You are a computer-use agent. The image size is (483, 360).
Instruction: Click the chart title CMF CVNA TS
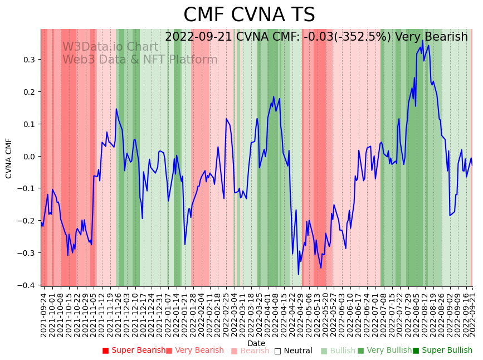click(249, 15)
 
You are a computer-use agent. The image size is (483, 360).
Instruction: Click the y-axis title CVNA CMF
click(9, 158)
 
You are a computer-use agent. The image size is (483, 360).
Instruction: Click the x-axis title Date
click(256, 343)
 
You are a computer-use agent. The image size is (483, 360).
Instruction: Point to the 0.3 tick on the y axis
click(29, 60)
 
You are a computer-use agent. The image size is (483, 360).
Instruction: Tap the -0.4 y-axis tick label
click(27, 285)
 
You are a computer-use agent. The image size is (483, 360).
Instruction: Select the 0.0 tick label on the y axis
click(29, 157)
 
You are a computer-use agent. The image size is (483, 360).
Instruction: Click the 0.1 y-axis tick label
click(29, 124)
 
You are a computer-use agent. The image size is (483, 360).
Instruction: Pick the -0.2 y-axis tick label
click(27, 221)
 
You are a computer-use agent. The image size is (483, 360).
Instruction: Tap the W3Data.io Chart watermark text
click(110, 47)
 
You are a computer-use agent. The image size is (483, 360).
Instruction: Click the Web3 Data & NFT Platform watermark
click(140, 60)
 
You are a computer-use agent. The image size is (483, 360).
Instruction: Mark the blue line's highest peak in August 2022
click(422, 41)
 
